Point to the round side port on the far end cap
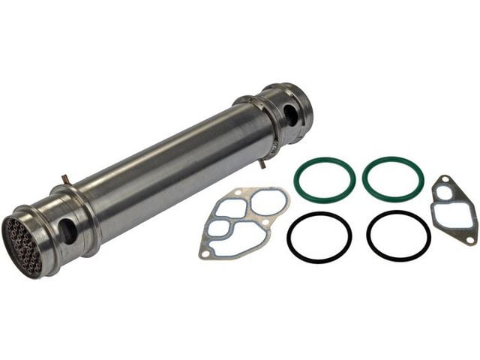point(289,114)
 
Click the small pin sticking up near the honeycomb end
point(65,180)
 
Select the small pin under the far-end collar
point(262,163)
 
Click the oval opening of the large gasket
point(268,201)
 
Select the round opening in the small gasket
point(446,192)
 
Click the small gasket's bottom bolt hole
point(469,239)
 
